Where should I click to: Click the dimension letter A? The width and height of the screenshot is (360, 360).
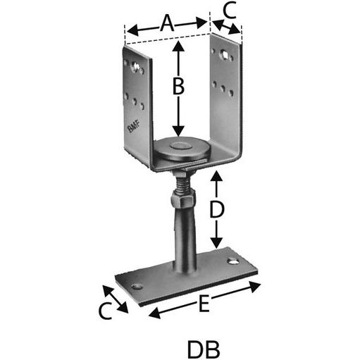167,23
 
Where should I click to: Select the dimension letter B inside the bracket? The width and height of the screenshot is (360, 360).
178,87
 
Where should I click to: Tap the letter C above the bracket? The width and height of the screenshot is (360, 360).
229,10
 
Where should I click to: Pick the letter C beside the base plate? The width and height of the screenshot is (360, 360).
105,311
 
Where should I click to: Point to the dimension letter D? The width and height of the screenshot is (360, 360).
218,209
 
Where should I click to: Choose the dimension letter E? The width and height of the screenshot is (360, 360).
204,304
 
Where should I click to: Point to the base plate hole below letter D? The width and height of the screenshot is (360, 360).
232,261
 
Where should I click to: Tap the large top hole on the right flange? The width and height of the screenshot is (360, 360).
223,57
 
